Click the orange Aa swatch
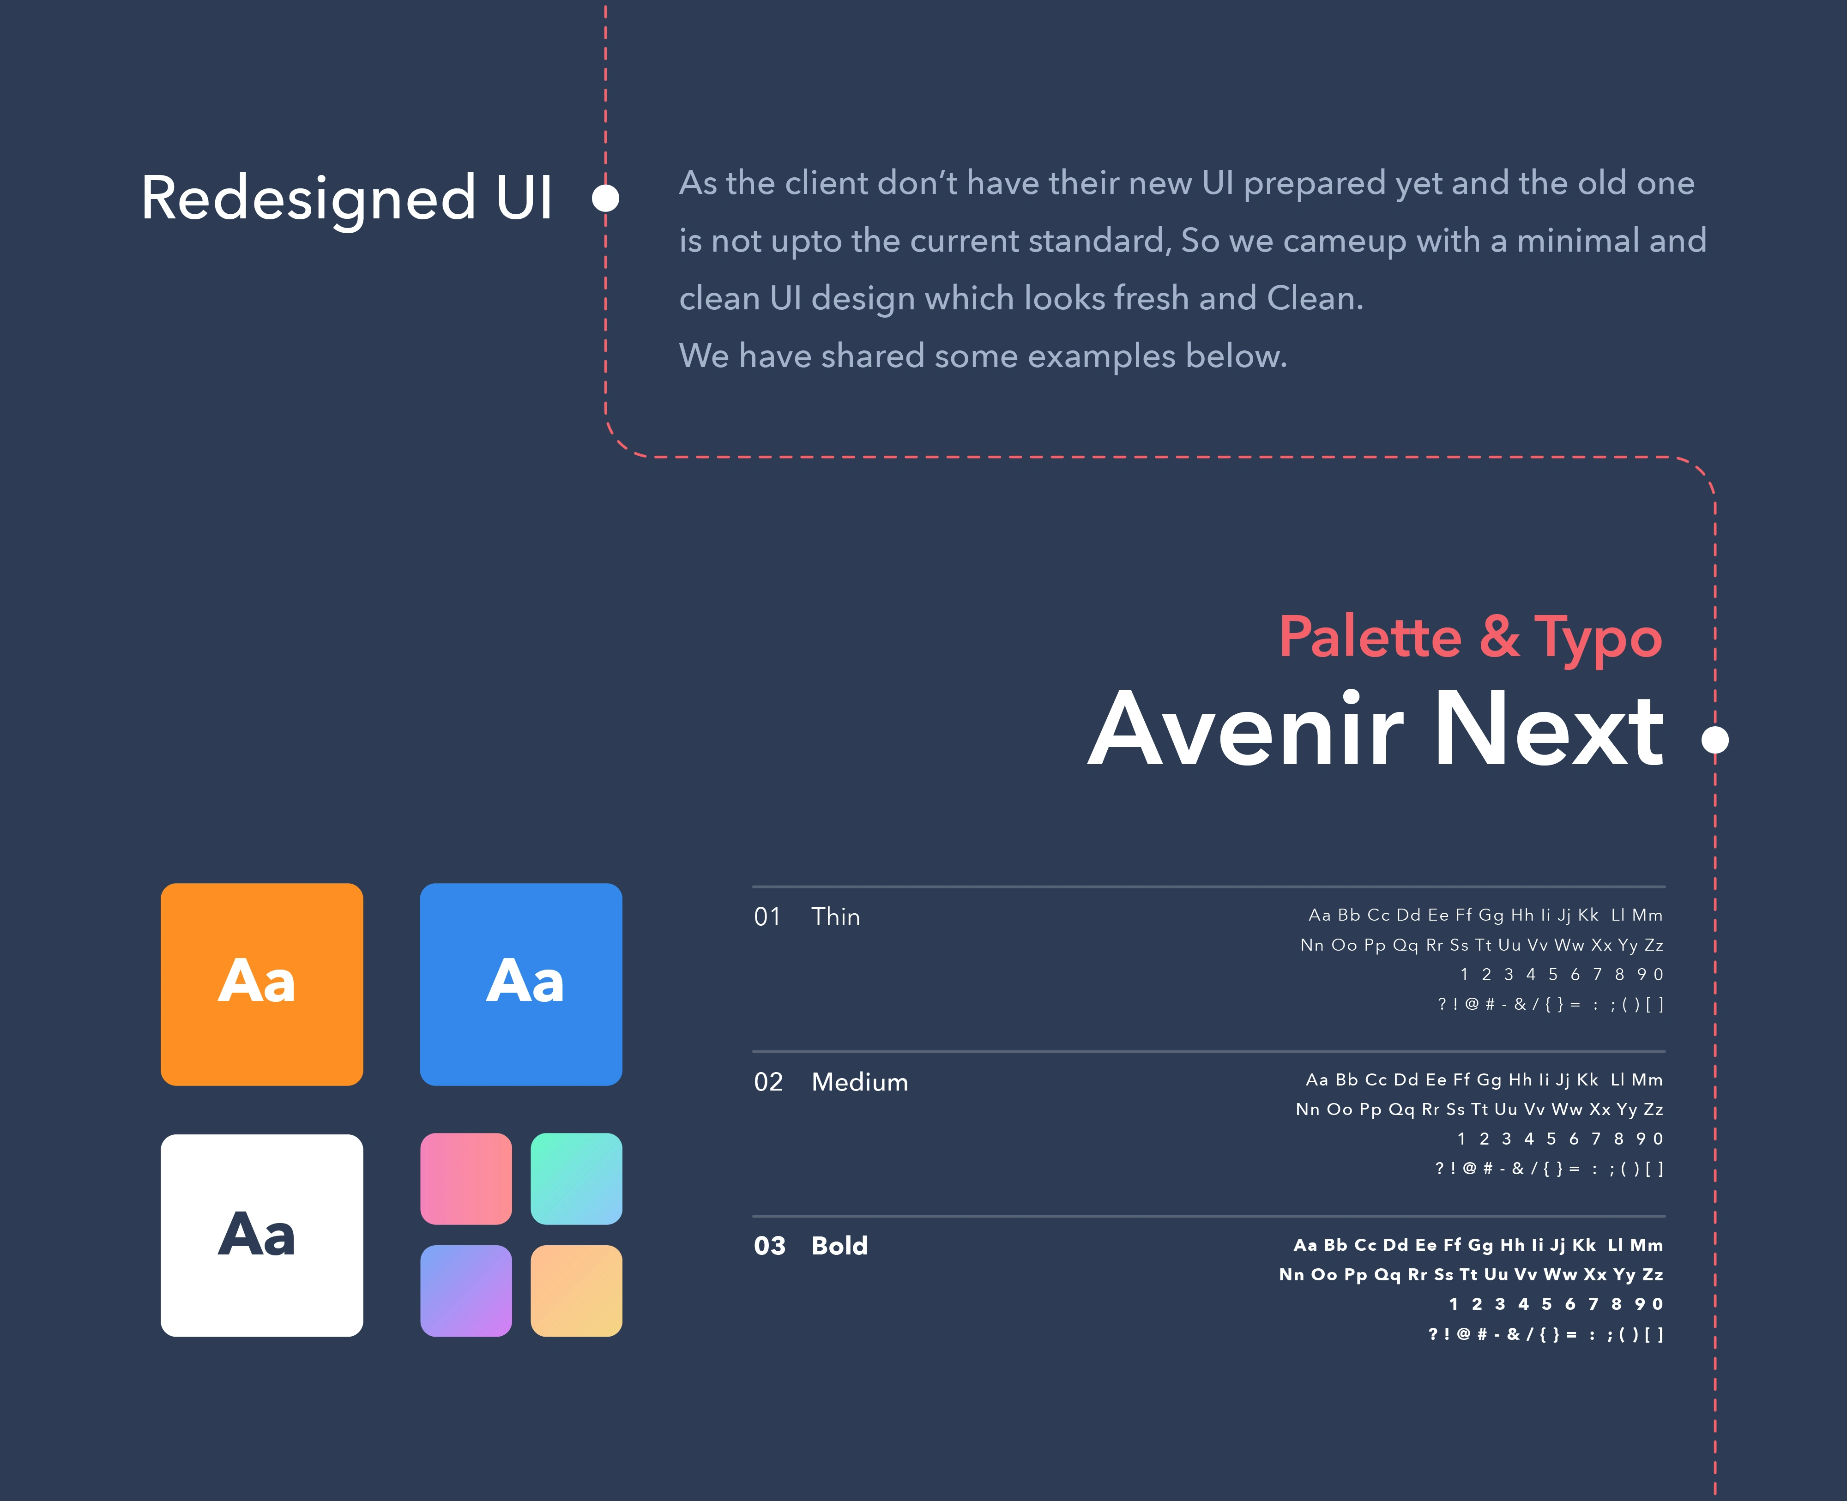click(262, 984)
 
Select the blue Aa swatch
click(521, 984)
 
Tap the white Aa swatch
click(262, 1236)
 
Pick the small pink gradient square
click(466, 1178)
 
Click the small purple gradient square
click(466, 1291)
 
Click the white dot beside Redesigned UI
click(605, 198)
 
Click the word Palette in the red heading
click(1370, 637)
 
